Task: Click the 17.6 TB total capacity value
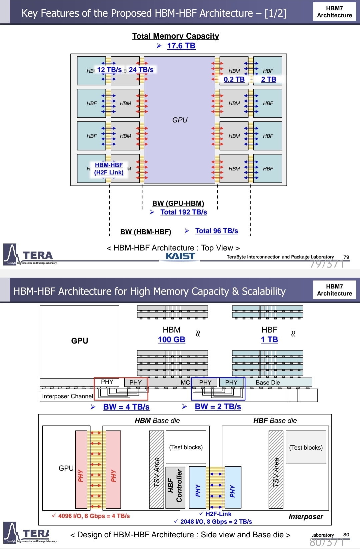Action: pos(181,46)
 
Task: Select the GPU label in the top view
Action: pos(180,120)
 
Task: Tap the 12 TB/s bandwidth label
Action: pos(109,70)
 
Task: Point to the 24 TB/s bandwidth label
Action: pos(141,70)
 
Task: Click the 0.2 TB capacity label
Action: pos(234,79)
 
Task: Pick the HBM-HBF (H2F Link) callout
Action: pos(109,169)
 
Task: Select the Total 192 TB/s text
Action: pos(184,212)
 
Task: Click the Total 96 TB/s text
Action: pos(217,231)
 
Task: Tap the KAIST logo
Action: pos(180,256)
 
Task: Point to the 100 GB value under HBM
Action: pos(171,340)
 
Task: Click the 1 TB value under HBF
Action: pos(269,340)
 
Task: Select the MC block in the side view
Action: pos(185,383)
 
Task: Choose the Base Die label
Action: pos(268,383)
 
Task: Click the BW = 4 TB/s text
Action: pos(126,407)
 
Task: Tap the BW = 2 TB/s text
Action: pos(218,407)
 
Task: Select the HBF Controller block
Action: pos(175,487)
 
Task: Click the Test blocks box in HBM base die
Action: pos(186,447)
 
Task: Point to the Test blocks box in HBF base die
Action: pos(306,448)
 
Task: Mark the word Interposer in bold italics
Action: pos(306,517)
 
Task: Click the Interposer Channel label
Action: pos(67,396)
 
